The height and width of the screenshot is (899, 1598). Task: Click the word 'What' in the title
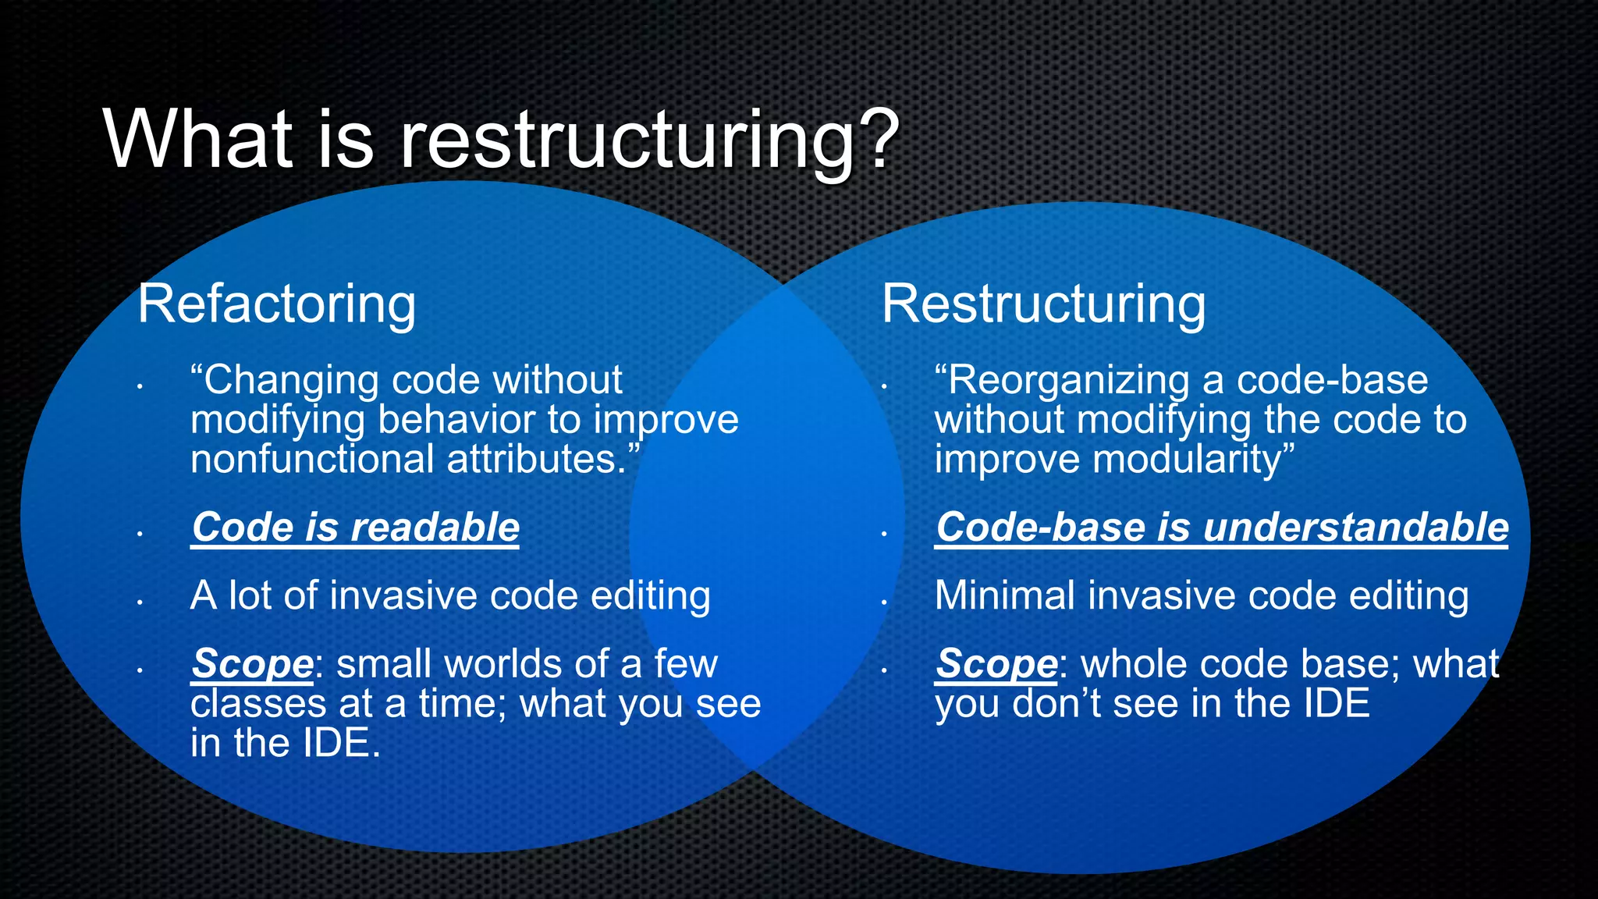[197, 140]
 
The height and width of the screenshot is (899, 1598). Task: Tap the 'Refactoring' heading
[276, 304]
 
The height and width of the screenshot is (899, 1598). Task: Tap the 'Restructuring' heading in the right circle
[1043, 304]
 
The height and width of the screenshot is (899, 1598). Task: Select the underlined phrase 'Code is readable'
[356, 528]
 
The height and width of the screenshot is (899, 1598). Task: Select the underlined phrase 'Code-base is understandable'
[1221, 528]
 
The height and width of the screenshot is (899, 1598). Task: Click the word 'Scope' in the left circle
[252, 664]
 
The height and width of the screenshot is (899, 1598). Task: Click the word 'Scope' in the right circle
[996, 664]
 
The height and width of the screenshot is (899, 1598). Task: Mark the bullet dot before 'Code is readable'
[140, 535]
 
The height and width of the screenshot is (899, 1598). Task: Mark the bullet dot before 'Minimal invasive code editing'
[884, 602]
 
